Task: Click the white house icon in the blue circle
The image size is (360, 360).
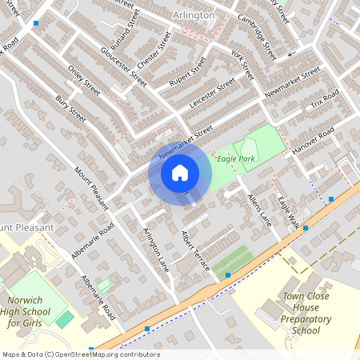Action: coord(180,172)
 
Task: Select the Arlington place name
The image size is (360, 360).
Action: coord(194,15)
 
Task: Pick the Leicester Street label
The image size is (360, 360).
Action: coord(213,93)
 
